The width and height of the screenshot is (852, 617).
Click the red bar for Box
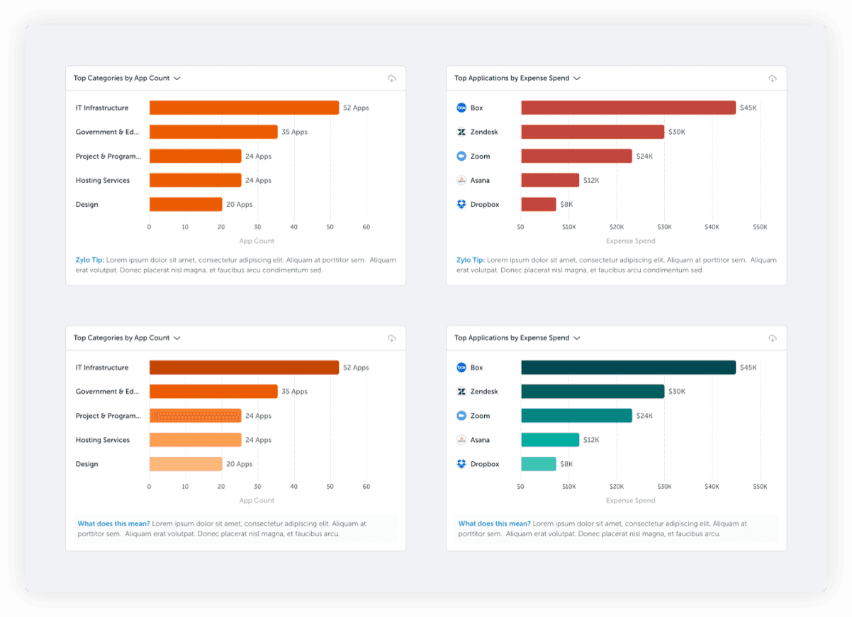tap(628, 108)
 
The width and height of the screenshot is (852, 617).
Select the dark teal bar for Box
tap(628, 368)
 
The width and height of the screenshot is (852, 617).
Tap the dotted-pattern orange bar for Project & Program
tap(195, 416)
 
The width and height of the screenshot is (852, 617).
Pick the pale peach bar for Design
tap(185, 464)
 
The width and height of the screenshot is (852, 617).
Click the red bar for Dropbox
tap(538, 205)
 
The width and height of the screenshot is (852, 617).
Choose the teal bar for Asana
tap(549, 440)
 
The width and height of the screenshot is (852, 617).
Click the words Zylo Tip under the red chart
tap(470, 260)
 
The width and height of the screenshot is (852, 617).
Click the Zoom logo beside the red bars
tap(461, 157)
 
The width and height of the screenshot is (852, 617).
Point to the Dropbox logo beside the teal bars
tap(461, 464)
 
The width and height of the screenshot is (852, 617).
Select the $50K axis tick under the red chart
tap(760, 227)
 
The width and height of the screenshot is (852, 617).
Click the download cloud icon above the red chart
tap(773, 79)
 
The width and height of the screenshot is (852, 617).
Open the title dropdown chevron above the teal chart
tap(577, 339)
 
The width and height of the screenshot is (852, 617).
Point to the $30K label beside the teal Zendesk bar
tap(677, 392)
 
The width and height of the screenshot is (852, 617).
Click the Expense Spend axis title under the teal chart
tap(630, 501)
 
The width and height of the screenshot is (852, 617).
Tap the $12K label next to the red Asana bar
tap(591, 181)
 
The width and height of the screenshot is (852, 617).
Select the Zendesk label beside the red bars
tap(484, 132)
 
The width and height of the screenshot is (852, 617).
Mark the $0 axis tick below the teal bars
tap(521, 487)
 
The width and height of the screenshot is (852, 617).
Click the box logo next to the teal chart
tap(461, 368)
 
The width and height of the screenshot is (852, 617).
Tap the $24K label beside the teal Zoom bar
tap(644, 416)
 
